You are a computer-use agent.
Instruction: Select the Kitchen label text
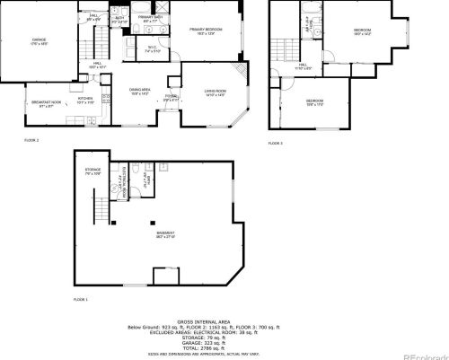85,101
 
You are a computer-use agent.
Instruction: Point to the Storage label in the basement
92,171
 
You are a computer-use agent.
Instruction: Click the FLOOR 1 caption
82,297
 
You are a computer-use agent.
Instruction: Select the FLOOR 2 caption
31,142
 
